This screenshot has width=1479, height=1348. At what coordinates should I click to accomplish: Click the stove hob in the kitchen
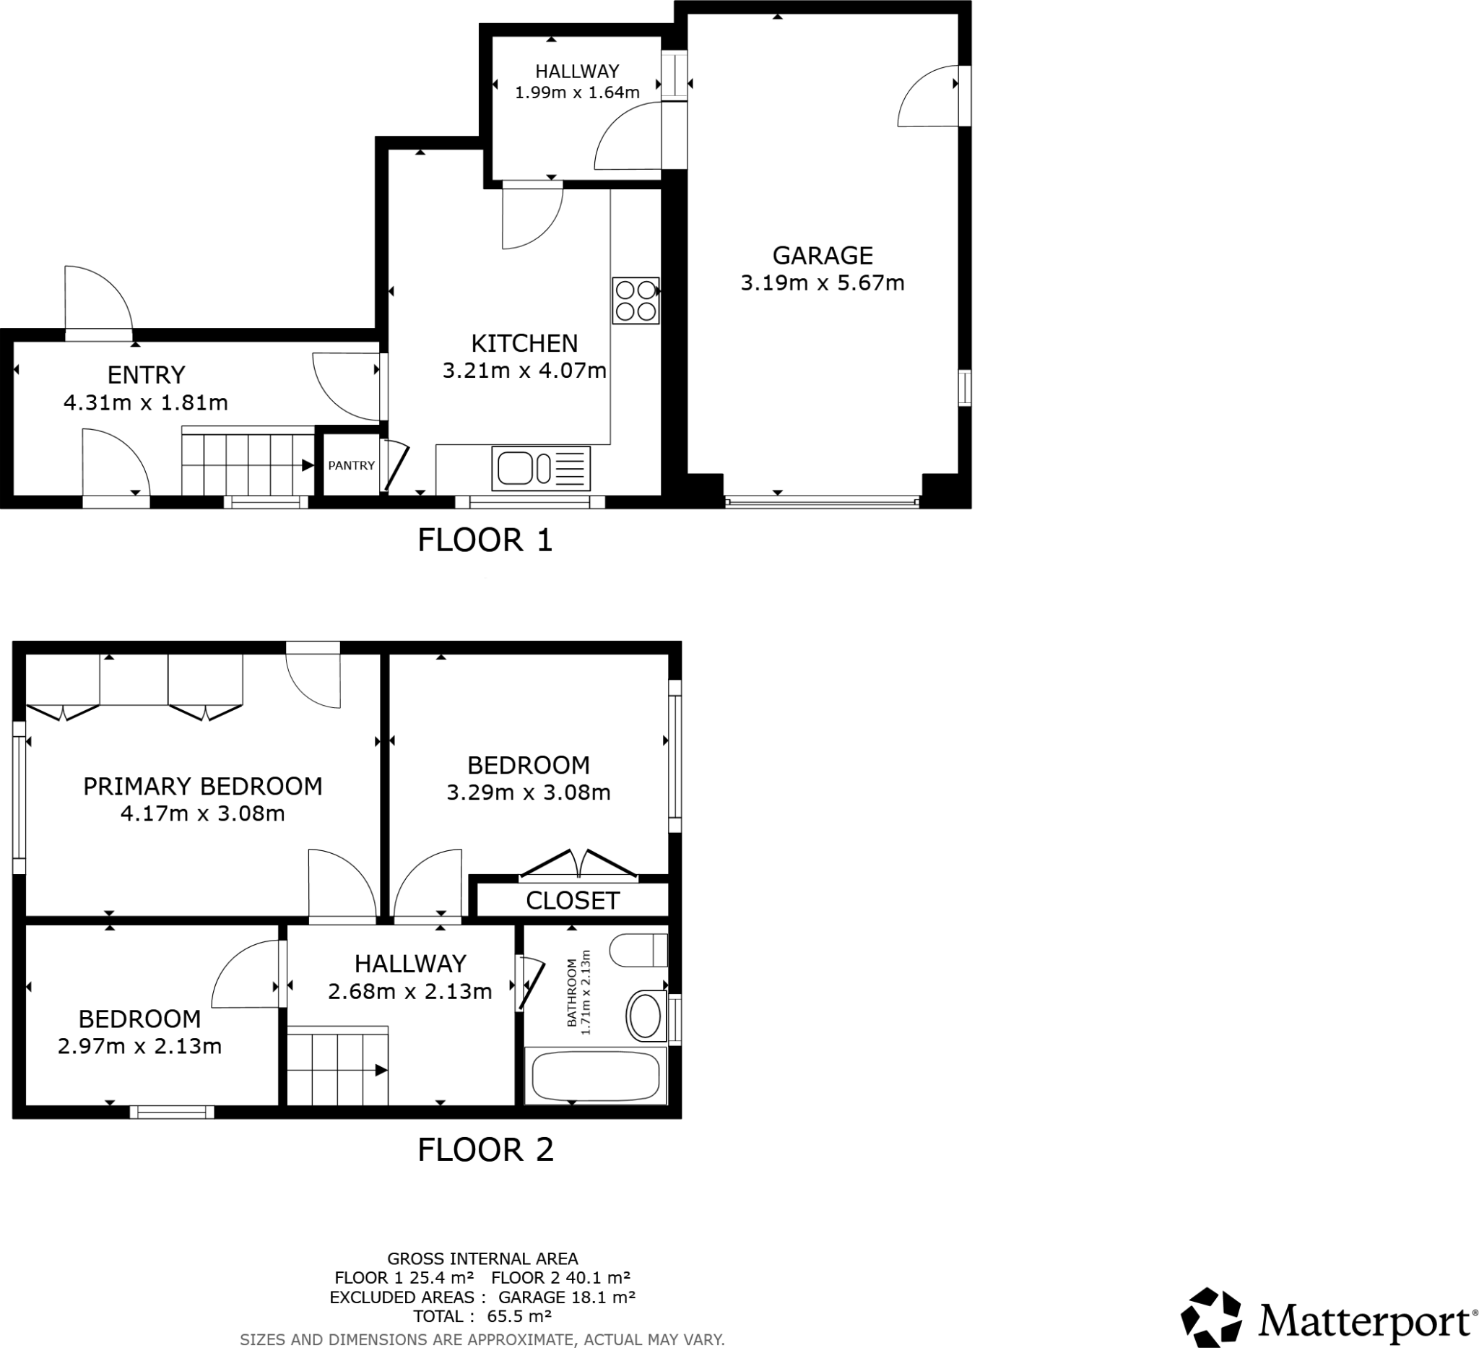click(x=636, y=301)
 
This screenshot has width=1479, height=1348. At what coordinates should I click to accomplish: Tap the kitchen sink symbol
click(x=542, y=468)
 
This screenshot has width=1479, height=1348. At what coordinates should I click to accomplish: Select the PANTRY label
click(x=351, y=465)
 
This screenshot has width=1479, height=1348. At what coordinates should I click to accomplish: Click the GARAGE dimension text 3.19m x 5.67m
click(x=822, y=283)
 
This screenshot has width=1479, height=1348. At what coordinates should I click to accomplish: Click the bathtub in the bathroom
click(x=596, y=1076)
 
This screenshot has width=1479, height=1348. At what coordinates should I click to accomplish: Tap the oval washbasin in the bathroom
click(x=645, y=1016)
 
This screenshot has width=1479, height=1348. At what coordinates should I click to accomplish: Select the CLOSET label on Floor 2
click(x=572, y=901)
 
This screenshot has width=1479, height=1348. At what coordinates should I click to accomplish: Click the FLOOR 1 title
click(x=485, y=540)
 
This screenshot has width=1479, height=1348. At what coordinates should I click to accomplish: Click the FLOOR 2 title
click(x=485, y=1150)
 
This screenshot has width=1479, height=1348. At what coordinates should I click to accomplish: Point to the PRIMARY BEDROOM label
click(x=202, y=787)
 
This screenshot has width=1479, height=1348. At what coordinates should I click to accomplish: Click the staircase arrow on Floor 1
click(x=308, y=465)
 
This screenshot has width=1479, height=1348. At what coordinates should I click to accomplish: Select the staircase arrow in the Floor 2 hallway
click(x=381, y=1071)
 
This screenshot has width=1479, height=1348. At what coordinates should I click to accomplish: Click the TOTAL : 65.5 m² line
click(x=482, y=1316)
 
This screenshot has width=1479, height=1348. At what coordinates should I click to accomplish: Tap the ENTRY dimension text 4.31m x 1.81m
click(x=145, y=403)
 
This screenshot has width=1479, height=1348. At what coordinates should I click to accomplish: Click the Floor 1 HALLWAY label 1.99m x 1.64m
click(x=576, y=82)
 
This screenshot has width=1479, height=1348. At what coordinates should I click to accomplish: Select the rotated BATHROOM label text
click(x=579, y=992)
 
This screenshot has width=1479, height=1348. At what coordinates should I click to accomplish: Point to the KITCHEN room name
click(x=524, y=343)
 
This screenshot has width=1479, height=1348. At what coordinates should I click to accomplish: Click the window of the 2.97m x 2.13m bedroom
click(x=172, y=1112)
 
